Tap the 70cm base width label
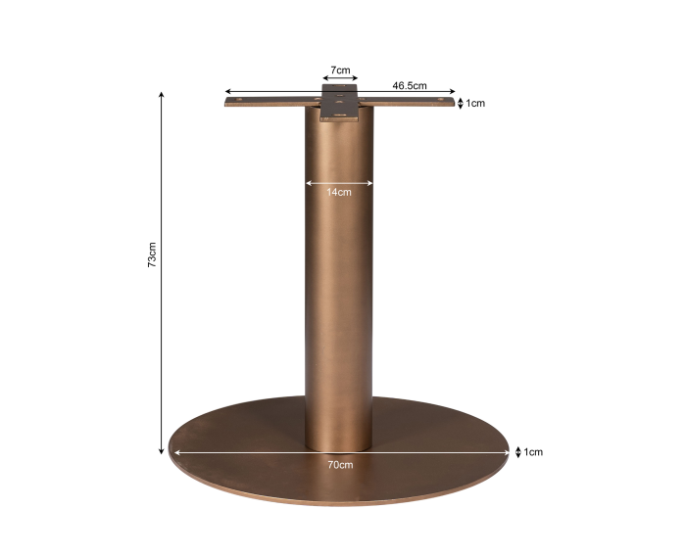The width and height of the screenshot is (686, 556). pyautogui.click(x=340, y=465)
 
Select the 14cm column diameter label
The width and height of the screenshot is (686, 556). pyautogui.click(x=339, y=192)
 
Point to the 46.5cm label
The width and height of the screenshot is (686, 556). pyautogui.click(x=410, y=85)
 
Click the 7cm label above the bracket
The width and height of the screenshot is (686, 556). pyautogui.click(x=340, y=70)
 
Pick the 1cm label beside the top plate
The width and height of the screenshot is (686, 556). pyautogui.click(x=475, y=103)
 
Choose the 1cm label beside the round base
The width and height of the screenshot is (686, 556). pyautogui.click(x=533, y=452)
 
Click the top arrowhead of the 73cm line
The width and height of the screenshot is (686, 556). pyautogui.click(x=162, y=96)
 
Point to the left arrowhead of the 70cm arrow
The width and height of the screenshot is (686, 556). pyautogui.click(x=175, y=452)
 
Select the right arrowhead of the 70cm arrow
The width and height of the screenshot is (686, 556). pyautogui.click(x=507, y=452)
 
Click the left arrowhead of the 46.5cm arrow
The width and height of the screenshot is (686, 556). pyautogui.click(x=228, y=92)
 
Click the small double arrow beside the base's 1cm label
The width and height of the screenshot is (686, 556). pyautogui.click(x=518, y=452)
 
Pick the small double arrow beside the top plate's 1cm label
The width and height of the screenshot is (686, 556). pyautogui.click(x=461, y=103)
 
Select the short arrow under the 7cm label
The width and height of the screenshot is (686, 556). pyautogui.click(x=340, y=79)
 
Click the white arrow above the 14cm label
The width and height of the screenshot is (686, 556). pyautogui.click(x=339, y=182)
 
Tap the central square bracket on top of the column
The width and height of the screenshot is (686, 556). pyautogui.click(x=340, y=102)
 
